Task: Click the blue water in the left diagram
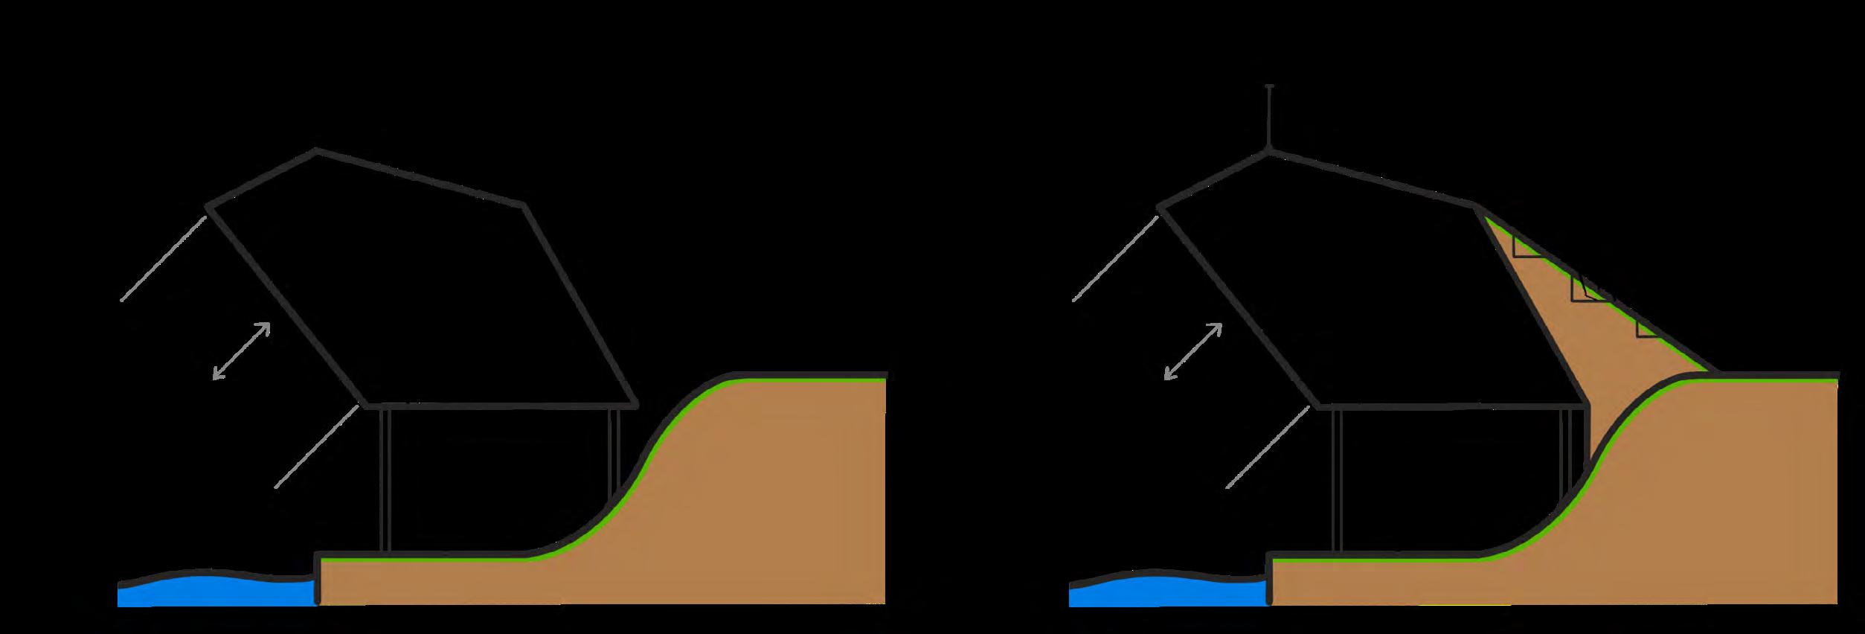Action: coord(216,592)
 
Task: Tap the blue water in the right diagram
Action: coord(1168,592)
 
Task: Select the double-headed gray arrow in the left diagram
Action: coord(242,351)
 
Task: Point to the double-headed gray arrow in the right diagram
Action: coord(1193,351)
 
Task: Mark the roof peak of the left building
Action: coord(318,150)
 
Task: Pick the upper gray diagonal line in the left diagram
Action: coord(164,257)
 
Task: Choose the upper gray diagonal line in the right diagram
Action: coord(1115,257)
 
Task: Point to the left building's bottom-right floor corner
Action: coord(637,406)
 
